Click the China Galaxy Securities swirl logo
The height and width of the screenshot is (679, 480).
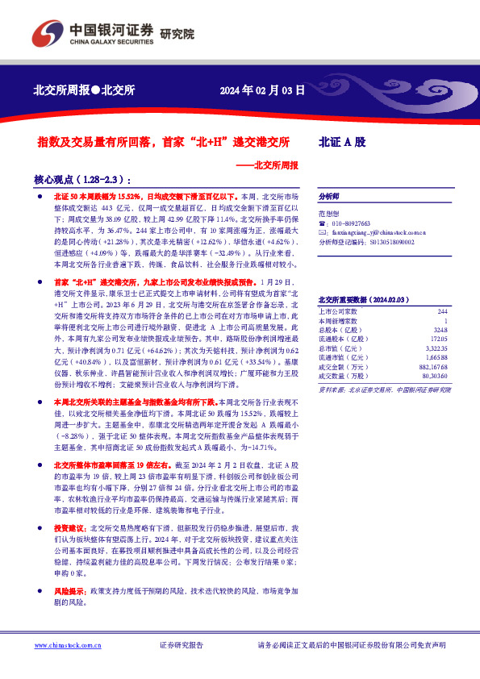pos(44,32)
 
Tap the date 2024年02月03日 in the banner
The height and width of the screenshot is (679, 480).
pos(262,90)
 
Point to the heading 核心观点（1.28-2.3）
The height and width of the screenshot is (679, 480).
pos(81,180)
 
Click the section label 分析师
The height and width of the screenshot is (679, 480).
pos(329,196)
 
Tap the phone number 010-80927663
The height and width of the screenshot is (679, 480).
pos(350,223)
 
